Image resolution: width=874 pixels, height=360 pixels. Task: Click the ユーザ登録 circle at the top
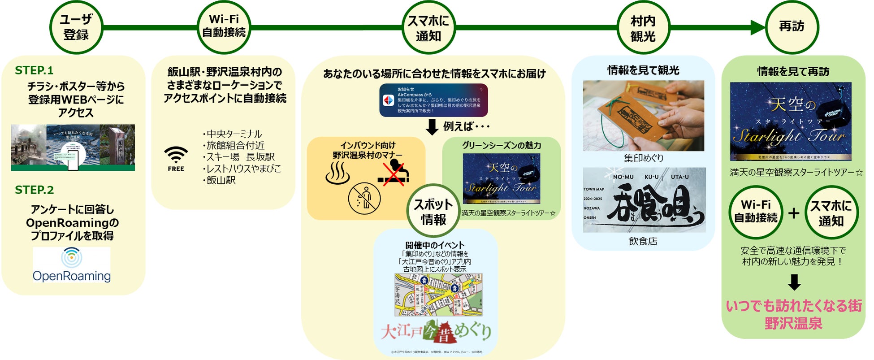point(76,27)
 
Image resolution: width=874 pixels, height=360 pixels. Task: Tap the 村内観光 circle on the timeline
point(643,28)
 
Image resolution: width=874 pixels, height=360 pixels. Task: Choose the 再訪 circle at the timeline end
point(792,27)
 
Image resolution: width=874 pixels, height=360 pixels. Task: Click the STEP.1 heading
point(34,70)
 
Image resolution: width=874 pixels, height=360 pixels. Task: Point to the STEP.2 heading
point(35,190)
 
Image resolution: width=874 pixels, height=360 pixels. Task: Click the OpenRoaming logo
point(72,265)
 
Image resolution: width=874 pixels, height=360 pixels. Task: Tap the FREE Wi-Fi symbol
point(176,159)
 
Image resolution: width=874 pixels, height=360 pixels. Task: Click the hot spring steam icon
point(337,173)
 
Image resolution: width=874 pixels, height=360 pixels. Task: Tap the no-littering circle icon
point(364,198)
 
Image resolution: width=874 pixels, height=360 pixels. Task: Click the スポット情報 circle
point(433,212)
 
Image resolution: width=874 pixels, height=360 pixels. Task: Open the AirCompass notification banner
point(433,100)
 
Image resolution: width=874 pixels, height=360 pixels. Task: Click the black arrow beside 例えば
point(432,127)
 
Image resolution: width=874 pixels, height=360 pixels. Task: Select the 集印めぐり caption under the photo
point(643,158)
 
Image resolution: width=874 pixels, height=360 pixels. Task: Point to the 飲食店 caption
point(643,241)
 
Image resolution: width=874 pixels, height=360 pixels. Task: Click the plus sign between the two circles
point(793,213)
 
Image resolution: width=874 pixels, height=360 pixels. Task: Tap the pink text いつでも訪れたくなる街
point(794,306)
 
